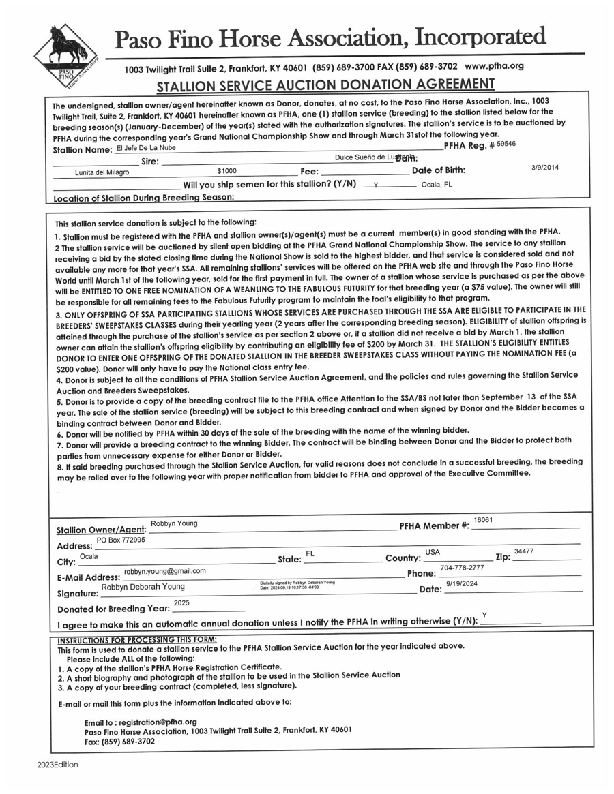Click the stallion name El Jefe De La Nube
(145, 147)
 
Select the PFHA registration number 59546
(506, 144)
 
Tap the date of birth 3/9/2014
(544, 168)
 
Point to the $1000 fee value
(226, 172)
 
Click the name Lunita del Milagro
(102, 172)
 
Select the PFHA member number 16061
(483, 520)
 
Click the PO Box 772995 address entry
(121, 540)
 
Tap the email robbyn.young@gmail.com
(164, 571)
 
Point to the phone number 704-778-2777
(462, 568)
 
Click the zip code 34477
(524, 551)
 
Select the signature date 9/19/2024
(462, 584)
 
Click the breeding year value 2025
(181, 603)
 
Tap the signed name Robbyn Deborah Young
(143, 587)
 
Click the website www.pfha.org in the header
(494, 66)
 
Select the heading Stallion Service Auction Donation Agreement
(325, 85)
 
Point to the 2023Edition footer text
(58, 765)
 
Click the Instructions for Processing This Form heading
(137, 640)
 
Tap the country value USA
(433, 552)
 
